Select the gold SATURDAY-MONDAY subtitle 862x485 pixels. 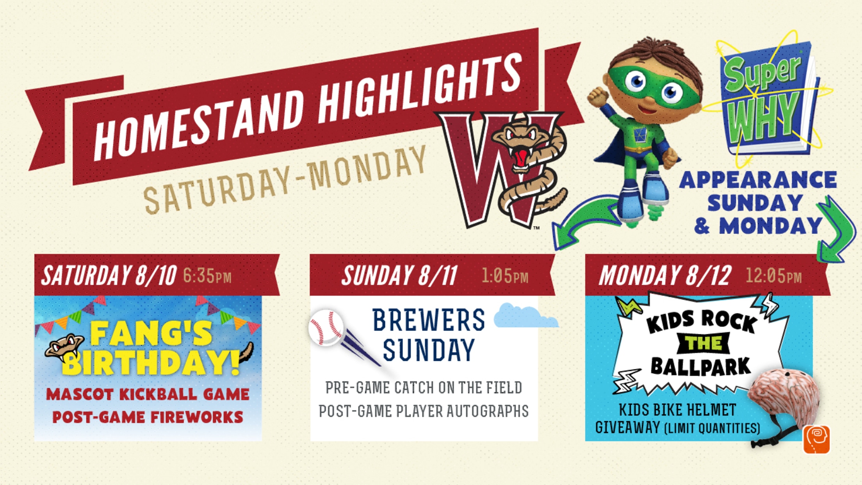[x=285, y=180]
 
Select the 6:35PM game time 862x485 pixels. [x=207, y=276]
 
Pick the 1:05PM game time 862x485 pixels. [x=505, y=276]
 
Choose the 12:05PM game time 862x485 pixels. [x=773, y=276]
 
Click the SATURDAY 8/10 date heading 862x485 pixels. [x=109, y=275]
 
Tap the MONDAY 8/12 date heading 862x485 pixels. [x=665, y=275]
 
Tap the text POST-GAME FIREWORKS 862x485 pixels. [x=148, y=417]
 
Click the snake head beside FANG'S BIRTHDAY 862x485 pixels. [x=64, y=347]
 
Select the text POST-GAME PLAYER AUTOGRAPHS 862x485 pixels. [x=424, y=411]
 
